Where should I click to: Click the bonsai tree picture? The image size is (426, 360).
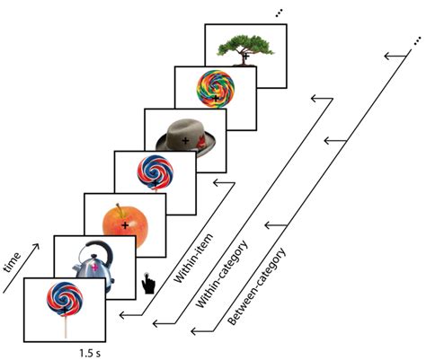pyautogui.click(x=245, y=50)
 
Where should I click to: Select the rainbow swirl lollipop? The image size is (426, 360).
pyautogui.click(x=216, y=89)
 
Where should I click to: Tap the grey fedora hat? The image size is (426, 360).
pyautogui.click(x=186, y=138)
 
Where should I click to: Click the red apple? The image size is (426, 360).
pyautogui.click(x=125, y=226)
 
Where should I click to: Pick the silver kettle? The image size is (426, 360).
pyautogui.click(x=93, y=264)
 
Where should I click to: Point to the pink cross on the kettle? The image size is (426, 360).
pyautogui.click(x=95, y=268)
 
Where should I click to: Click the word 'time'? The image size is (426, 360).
pyautogui.click(x=13, y=263)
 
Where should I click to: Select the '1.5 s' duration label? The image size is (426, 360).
pyautogui.click(x=90, y=354)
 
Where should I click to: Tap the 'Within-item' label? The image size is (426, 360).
pyautogui.click(x=193, y=258)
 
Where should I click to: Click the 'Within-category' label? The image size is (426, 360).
pyautogui.click(x=222, y=274)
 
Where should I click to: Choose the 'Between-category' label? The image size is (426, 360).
pyautogui.click(x=256, y=286)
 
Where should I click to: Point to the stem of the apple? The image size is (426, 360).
pyautogui.click(x=120, y=210)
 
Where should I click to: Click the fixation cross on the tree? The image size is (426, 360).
pyautogui.click(x=246, y=56)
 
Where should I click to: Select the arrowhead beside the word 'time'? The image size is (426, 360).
pyautogui.click(x=35, y=248)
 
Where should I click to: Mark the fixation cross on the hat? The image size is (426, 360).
pyautogui.click(x=185, y=140)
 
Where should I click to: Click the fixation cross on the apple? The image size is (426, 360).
pyautogui.click(x=125, y=225)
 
